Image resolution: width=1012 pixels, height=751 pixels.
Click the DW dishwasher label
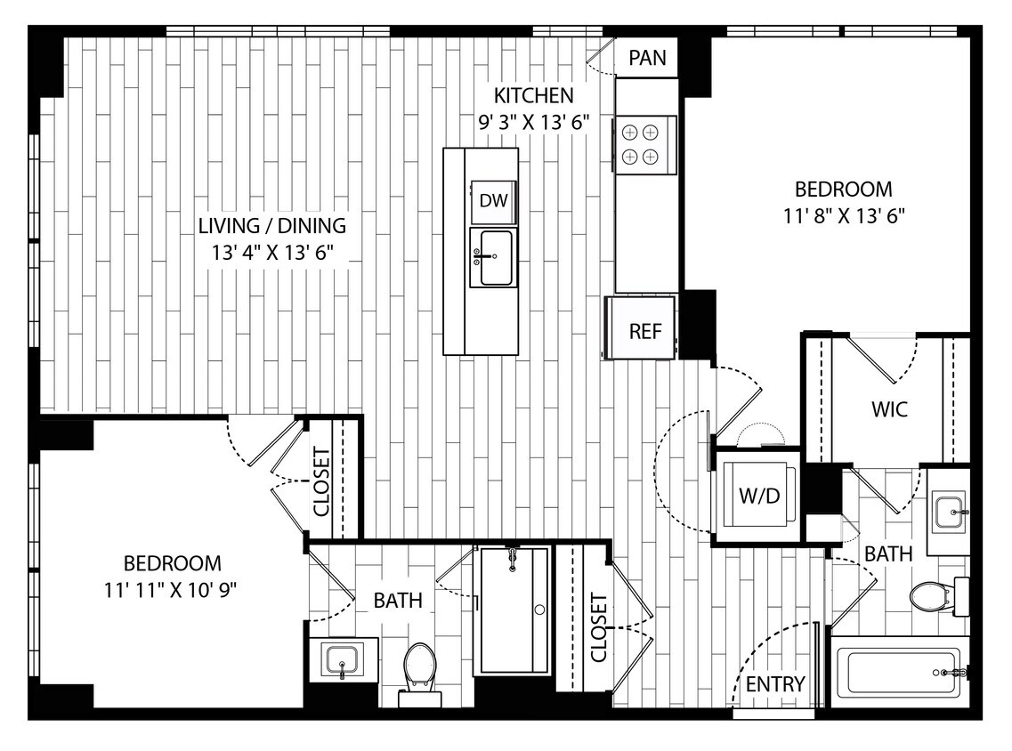click(493, 200)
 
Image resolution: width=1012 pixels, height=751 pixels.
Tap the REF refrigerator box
click(645, 331)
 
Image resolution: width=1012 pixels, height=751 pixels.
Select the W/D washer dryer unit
click(758, 496)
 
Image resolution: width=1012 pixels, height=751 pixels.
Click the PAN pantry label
click(648, 59)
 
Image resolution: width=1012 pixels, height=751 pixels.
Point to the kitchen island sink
click(495, 258)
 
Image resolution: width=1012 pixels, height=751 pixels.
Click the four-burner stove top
click(641, 144)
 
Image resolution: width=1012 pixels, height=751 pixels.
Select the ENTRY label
click(775, 684)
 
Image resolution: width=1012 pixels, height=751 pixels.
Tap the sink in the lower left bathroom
click(343, 660)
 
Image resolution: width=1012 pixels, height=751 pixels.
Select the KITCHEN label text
click(534, 95)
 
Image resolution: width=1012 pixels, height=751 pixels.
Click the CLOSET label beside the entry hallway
click(597, 628)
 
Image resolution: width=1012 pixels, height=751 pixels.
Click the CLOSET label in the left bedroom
click(321, 481)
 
